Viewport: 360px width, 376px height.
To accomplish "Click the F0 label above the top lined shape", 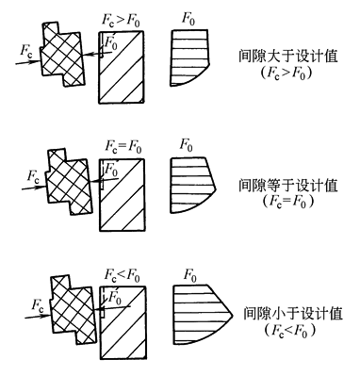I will tap(188, 18).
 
